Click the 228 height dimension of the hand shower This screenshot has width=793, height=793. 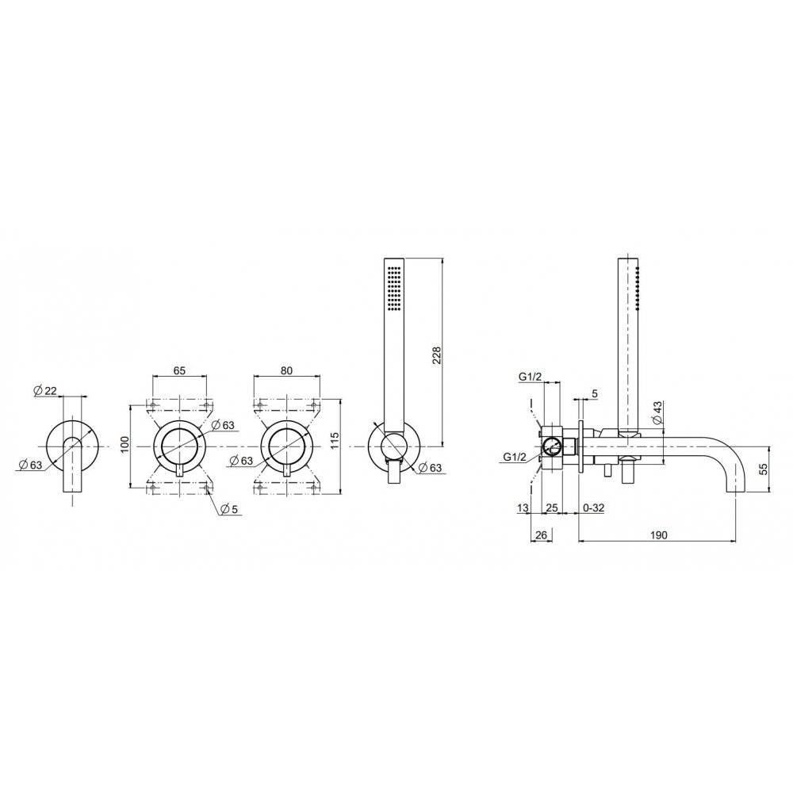437,355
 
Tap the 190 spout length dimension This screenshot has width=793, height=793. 658,535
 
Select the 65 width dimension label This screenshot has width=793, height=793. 179,370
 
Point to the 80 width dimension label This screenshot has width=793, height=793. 286,370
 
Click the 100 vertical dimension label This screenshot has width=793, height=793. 126,444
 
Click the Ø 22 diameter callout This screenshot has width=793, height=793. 44,390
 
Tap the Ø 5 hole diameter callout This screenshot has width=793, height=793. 229,509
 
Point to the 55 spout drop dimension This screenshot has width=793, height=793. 764,469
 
